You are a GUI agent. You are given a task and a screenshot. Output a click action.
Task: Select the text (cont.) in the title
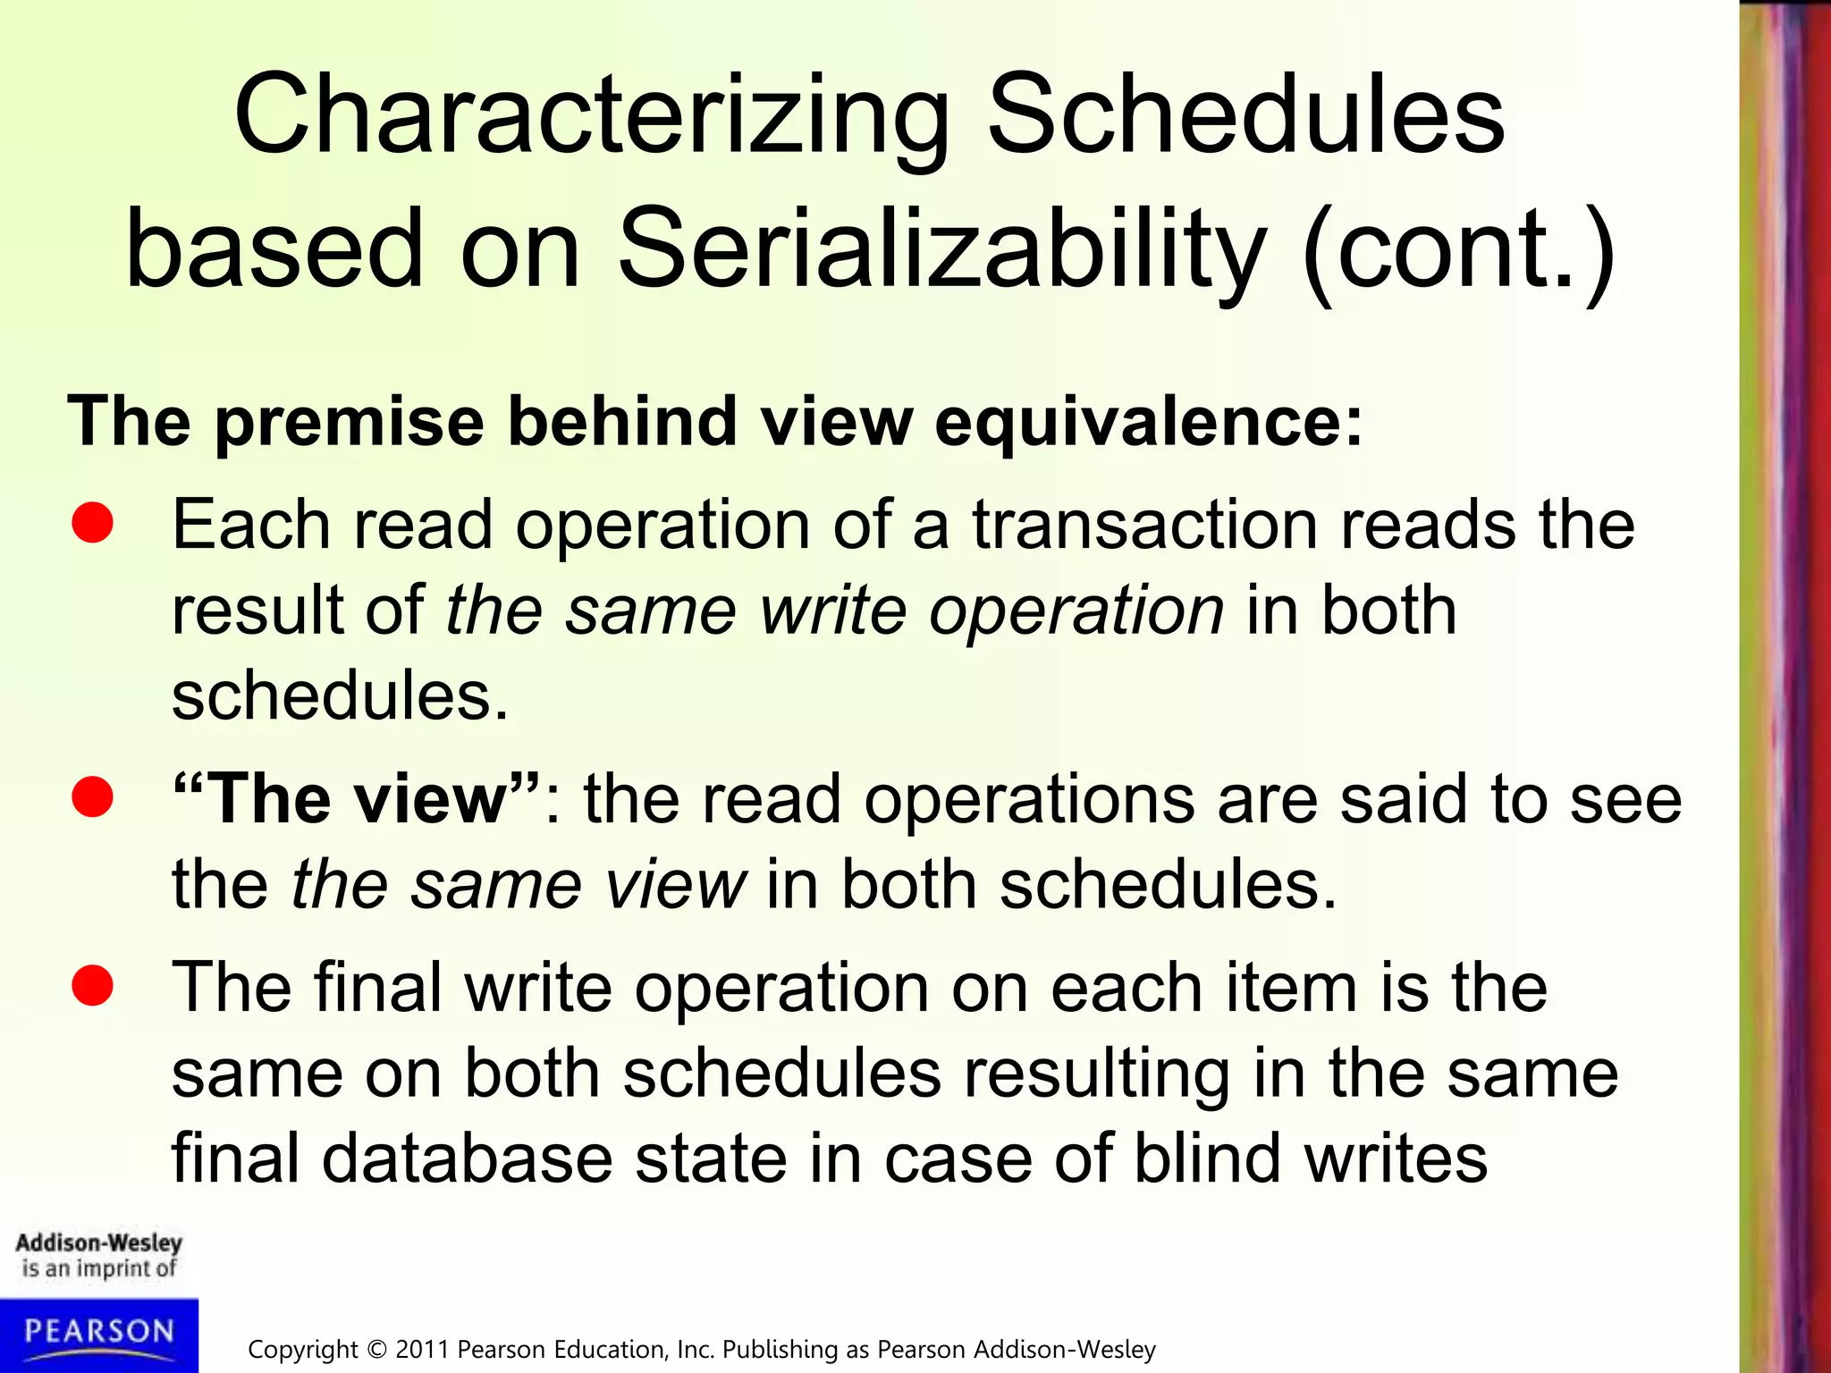[x=1459, y=252]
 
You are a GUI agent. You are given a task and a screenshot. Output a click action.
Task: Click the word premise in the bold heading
[x=350, y=423]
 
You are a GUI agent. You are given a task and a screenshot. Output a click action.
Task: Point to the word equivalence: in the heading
[x=1148, y=423]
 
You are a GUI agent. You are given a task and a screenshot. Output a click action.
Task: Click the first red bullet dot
[x=92, y=523]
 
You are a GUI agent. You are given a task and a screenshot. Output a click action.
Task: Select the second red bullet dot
[x=92, y=797]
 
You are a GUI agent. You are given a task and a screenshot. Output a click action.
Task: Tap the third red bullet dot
[x=92, y=986]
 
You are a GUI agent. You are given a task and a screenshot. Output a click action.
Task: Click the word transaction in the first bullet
[x=1144, y=526]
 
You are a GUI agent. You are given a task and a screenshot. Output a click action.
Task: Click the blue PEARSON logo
[x=98, y=1334]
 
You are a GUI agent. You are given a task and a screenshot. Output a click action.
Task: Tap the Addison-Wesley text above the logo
[x=98, y=1243]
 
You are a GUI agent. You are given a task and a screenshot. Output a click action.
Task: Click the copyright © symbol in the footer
[x=377, y=1350]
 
